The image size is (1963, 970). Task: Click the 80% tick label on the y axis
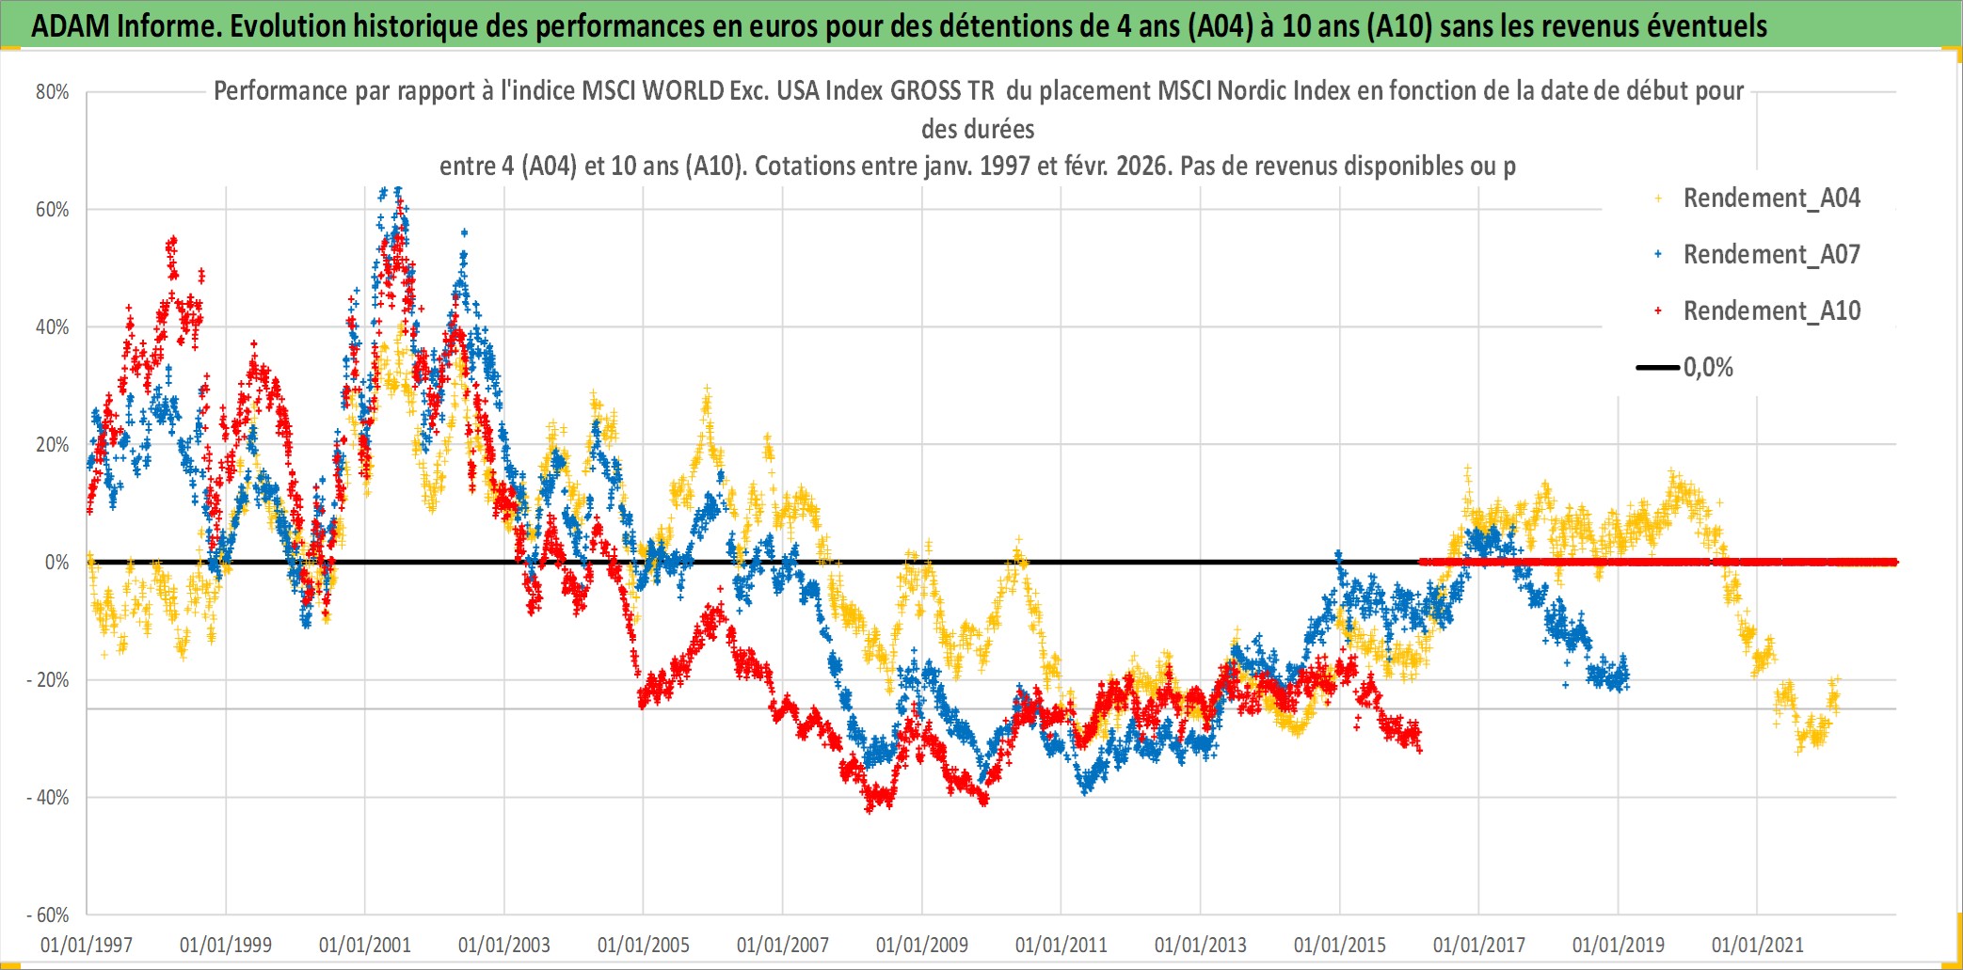[53, 92]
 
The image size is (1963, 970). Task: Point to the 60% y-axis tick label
[53, 210]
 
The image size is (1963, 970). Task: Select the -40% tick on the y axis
[48, 798]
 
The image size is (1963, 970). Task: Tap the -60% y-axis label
[48, 915]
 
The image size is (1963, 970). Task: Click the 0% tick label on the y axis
[56, 563]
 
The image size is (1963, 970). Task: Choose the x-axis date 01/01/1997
[87, 945]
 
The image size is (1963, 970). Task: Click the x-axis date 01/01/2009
[922, 945]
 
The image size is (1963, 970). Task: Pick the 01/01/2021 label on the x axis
[1758, 945]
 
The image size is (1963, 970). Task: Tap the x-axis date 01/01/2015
[1340, 945]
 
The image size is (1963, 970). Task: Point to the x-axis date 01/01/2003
[504, 945]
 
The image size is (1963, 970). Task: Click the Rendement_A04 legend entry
[1771, 199]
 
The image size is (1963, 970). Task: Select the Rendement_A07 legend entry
[1771, 255]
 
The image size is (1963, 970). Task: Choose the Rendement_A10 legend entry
[1771, 311]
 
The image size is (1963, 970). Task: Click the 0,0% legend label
[1708, 368]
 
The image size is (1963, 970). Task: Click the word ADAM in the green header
[71, 26]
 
